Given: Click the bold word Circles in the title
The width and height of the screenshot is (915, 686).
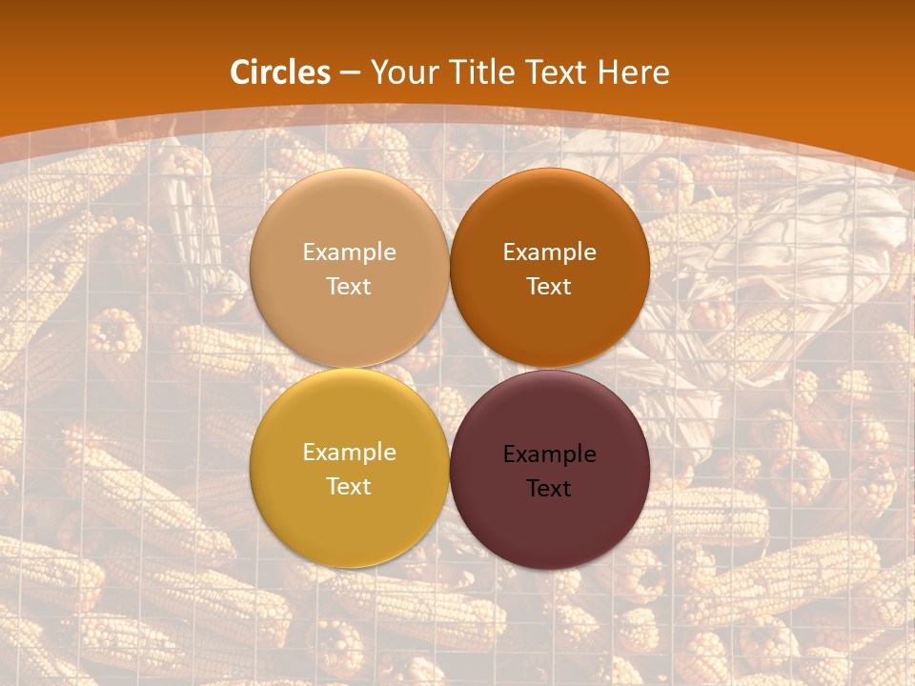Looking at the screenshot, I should point(279,72).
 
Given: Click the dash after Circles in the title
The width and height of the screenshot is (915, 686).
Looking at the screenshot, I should point(350,73).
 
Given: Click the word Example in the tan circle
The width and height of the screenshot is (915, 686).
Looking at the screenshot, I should point(349,252).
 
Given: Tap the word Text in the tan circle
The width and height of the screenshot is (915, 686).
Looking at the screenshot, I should point(349,287).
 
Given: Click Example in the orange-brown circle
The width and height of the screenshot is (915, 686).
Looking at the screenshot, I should point(550,252).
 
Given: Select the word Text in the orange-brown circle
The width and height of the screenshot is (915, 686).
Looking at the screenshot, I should point(550,287).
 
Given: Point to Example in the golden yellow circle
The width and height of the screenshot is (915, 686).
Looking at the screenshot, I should point(349,453).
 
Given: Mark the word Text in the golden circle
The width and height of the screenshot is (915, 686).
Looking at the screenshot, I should point(349,487).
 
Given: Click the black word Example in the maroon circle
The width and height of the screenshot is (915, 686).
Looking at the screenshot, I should point(550,454).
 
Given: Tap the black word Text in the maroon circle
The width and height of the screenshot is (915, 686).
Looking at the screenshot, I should point(550,489).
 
